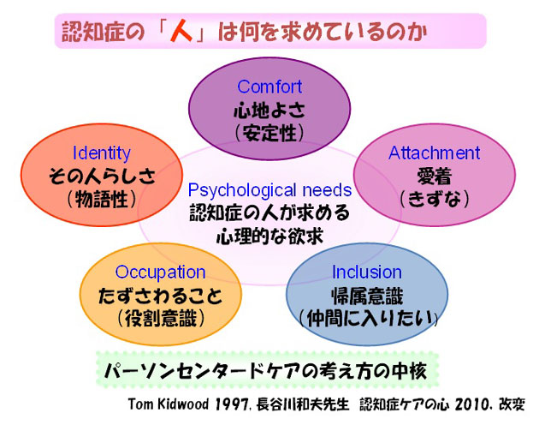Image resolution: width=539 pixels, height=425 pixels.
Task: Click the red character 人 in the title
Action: click(x=181, y=32)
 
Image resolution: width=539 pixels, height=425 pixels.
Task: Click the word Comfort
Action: click(x=269, y=87)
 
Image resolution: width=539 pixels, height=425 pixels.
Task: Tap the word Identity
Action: click(x=102, y=153)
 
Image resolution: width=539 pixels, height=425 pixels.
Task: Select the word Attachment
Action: click(x=434, y=153)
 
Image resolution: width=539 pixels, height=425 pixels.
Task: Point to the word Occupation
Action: click(x=161, y=272)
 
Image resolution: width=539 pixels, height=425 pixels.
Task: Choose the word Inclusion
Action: click(x=367, y=272)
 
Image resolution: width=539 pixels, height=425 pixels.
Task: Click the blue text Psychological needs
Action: click(x=269, y=190)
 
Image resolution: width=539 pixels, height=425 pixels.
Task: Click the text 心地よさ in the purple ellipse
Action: click(x=269, y=111)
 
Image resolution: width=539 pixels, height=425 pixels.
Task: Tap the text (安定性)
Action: click(x=269, y=134)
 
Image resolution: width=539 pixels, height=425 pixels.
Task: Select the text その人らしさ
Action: click(x=102, y=176)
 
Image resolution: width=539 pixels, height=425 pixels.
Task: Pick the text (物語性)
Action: click(x=102, y=199)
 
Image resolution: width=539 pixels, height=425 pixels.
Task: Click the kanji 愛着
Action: click(x=434, y=177)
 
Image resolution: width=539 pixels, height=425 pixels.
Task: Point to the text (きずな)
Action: click(x=435, y=199)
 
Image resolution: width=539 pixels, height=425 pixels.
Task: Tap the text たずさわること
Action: click(x=161, y=296)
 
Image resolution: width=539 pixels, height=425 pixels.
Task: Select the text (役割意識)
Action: click(x=161, y=319)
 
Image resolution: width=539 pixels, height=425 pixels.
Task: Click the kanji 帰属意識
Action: click(x=367, y=296)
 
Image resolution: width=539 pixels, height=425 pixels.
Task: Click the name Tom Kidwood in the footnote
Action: click(x=168, y=404)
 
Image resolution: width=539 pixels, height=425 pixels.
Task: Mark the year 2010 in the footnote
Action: click(x=471, y=404)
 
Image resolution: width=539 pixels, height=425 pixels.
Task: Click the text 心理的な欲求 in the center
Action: click(x=269, y=236)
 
